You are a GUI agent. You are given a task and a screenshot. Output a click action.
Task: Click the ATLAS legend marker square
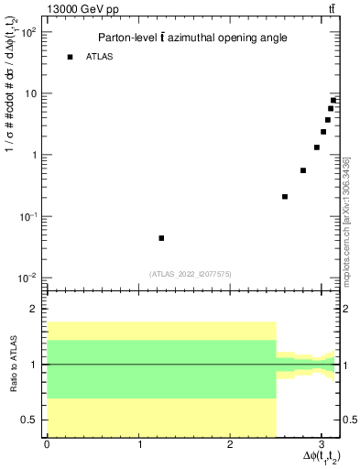coord(70,57)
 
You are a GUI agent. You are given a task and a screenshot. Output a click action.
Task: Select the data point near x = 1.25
coord(161,238)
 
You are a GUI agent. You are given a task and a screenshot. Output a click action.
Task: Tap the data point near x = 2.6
coord(285,196)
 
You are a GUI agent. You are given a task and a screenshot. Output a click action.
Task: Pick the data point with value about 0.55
coord(303,170)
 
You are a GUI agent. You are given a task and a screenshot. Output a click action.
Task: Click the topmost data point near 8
coord(333,100)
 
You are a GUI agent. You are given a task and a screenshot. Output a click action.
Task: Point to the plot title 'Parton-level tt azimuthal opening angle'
coord(192,38)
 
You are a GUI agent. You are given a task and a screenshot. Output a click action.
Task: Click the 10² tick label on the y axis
coord(28,32)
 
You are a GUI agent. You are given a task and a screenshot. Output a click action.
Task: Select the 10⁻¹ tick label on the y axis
coord(28,217)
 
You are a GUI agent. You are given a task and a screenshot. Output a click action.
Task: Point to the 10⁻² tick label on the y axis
coord(28,278)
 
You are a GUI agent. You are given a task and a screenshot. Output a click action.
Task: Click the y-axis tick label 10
coord(31,93)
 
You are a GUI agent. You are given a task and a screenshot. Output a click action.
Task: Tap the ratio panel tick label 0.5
coord(31,420)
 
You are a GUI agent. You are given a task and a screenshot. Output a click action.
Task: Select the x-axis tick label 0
coord(47,445)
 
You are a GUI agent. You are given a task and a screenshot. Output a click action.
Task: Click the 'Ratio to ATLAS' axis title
coord(12,365)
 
